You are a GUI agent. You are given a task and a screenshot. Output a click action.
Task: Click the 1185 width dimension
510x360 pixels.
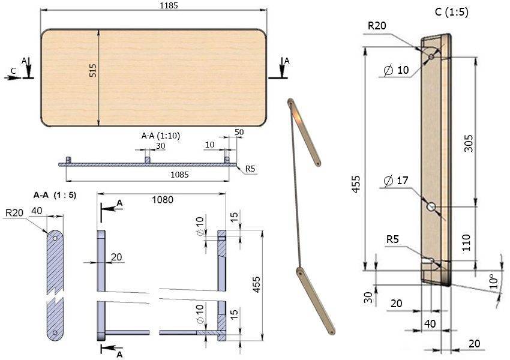click(169, 5)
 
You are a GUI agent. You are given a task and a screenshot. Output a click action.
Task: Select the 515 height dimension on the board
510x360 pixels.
click(92, 70)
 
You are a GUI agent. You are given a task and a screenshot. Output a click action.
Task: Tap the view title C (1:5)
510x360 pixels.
click(451, 12)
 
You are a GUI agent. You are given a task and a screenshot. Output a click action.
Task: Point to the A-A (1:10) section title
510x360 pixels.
click(161, 135)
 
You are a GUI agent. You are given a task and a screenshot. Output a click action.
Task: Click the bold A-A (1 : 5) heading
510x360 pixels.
click(55, 195)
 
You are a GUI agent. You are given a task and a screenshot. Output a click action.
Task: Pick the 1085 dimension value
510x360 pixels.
click(179, 175)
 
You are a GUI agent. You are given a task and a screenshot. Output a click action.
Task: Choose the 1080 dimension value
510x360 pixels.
click(163, 199)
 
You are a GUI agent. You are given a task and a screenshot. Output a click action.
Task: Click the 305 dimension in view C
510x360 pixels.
click(469, 143)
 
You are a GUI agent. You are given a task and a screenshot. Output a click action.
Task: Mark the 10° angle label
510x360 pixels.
click(493, 281)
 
